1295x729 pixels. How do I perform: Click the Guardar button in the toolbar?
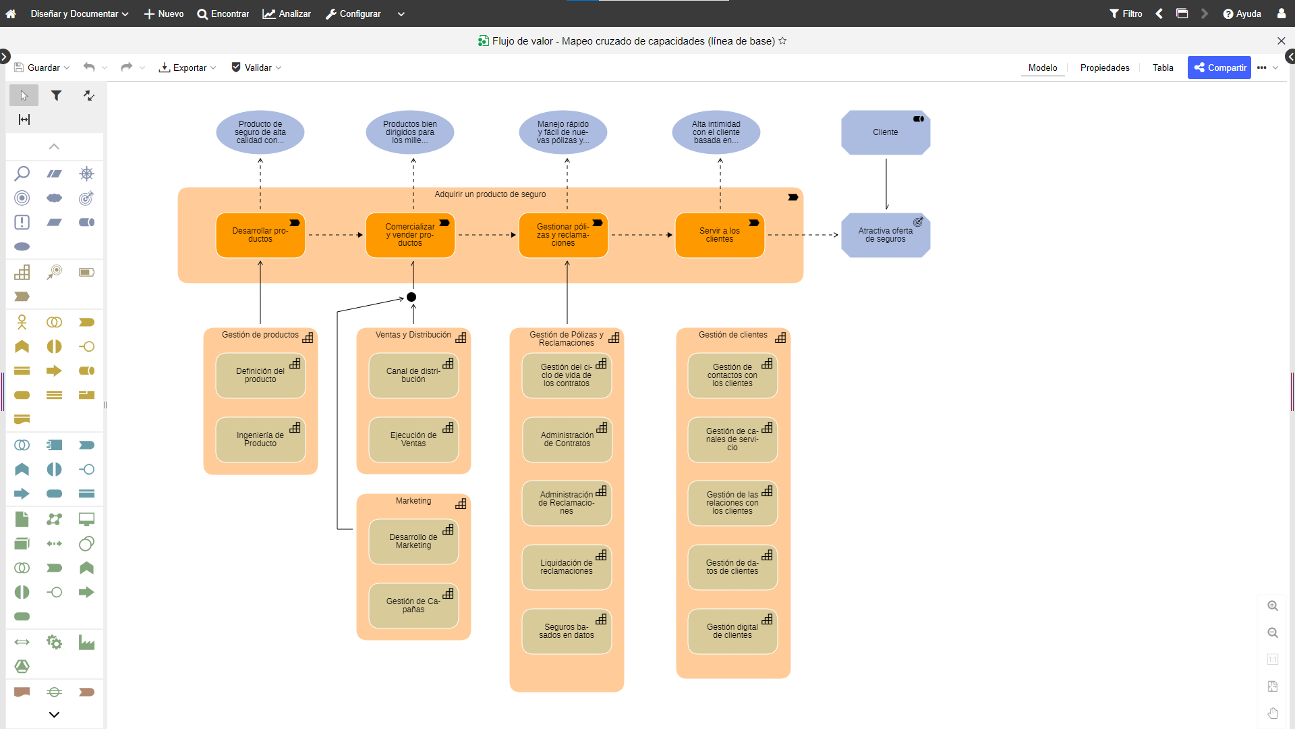[42, 67]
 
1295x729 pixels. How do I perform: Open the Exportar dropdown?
[188, 67]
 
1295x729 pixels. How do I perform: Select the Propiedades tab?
[1105, 67]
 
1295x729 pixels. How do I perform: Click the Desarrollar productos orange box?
[260, 235]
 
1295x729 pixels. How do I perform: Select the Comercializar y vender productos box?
[410, 235]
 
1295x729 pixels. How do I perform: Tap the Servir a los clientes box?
[720, 235]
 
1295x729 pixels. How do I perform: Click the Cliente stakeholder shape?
[886, 132]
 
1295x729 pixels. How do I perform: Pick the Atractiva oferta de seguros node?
[886, 235]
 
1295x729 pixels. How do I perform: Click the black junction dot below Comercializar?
[411, 297]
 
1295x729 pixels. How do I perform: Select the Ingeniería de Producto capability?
[260, 439]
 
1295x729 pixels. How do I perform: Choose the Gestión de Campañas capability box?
[413, 605]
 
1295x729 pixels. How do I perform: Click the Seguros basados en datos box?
[567, 631]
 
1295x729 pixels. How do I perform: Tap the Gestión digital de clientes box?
[732, 631]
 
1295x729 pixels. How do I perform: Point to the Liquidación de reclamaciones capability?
[567, 567]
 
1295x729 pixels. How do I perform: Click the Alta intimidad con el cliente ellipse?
[716, 132]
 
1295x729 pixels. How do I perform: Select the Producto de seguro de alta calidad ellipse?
[260, 132]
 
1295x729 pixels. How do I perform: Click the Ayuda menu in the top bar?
[1242, 13]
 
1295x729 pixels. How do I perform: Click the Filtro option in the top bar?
[1126, 13]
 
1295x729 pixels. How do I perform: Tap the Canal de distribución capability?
[413, 375]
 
